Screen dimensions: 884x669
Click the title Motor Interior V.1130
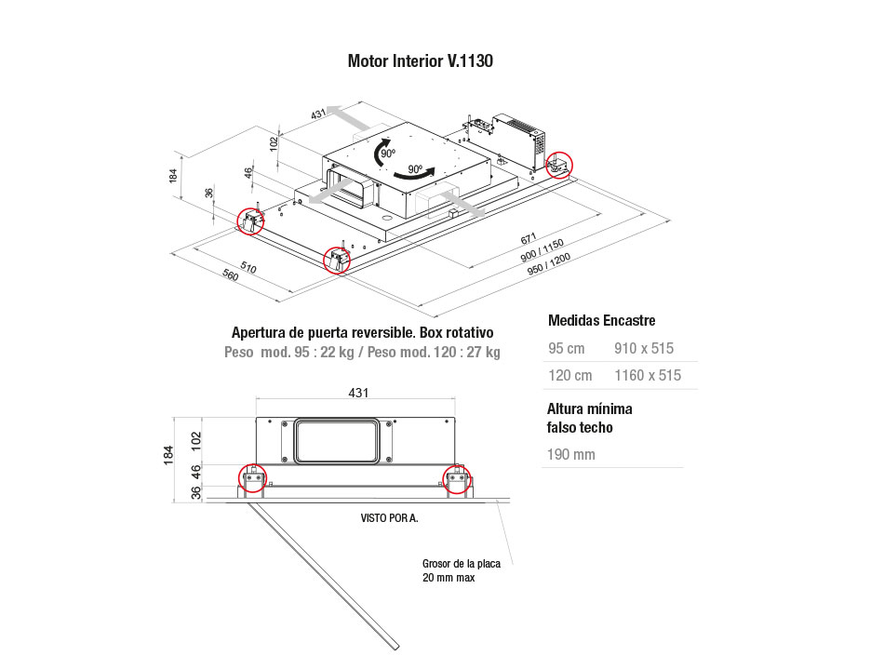(420, 60)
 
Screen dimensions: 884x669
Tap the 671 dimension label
(529, 238)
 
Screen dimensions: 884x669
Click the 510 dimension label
(248, 267)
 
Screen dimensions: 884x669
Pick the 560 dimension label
(230, 274)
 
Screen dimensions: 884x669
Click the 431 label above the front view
(358, 393)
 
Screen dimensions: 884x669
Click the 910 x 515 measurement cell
(644, 348)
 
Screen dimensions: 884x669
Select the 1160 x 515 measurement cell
(648, 375)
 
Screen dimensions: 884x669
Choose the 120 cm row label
(570, 375)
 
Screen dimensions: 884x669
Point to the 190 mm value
(571, 454)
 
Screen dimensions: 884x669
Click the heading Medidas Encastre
(601, 321)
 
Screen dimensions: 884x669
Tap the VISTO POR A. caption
(390, 518)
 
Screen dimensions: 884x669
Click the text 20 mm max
(449, 578)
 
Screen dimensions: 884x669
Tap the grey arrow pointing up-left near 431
(349, 117)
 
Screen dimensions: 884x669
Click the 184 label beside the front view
(168, 455)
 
